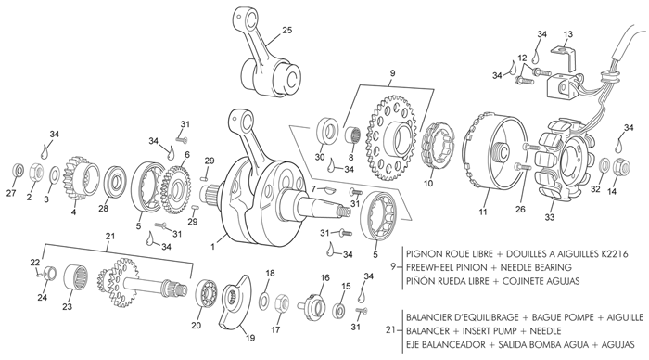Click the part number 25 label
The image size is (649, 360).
click(286, 30)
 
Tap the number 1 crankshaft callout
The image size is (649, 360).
click(212, 247)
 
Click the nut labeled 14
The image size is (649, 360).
click(621, 166)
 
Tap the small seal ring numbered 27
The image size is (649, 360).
click(18, 170)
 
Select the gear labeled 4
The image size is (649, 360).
click(81, 176)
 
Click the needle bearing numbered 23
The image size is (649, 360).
click(76, 278)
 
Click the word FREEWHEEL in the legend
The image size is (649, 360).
click(447, 267)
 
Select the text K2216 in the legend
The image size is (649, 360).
click(615, 253)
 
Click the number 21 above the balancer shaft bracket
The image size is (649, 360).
click(109, 236)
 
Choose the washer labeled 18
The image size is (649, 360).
click(263, 301)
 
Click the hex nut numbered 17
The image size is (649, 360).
click(282, 302)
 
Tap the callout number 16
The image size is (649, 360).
click(324, 277)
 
